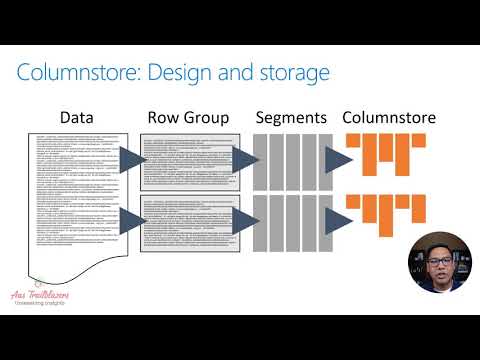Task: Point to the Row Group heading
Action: (187, 118)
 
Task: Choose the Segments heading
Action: (291, 118)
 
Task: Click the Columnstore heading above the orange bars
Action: (388, 118)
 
